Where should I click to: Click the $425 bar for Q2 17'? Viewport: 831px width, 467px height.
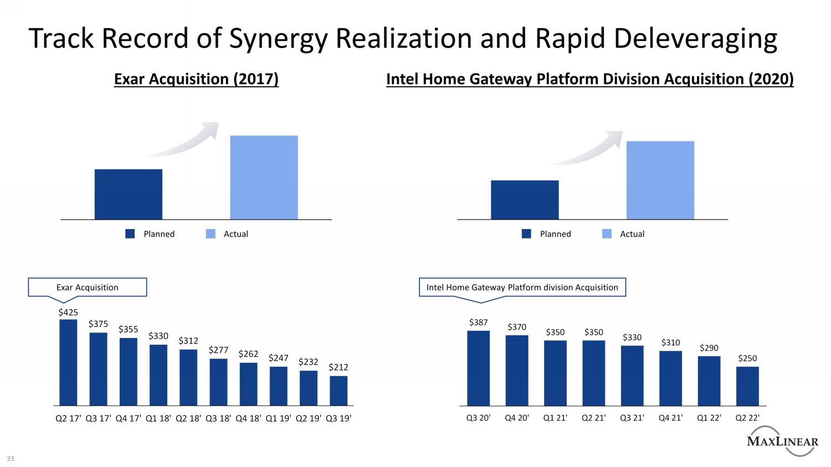pyautogui.click(x=68, y=362)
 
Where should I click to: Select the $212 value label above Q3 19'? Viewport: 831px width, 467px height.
pyautogui.click(x=338, y=367)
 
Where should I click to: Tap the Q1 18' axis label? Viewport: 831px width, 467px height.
pyautogui.click(x=158, y=418)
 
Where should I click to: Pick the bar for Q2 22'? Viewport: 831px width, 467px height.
pyautogui.click(x=747, y=386)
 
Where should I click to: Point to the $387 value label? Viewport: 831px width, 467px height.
pyautogui.click(x=478, y=323)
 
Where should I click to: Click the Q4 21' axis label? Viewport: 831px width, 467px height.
pyautogui.click(x=670, y=418)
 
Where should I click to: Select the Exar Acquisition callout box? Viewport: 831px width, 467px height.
pyautogui.click(x=88, y=287)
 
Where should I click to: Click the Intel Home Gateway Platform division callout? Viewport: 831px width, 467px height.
pyautogui.click(x=522, y=287)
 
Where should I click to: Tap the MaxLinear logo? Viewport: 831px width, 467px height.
pyautogui.click(x=782, y=441)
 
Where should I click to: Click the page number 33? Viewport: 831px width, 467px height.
pyautogui.click(x=11, y=459)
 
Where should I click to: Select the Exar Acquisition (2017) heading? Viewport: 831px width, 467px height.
pyautogui.click(x=196, y=79)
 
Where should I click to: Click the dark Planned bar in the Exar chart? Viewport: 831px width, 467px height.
pyautogui.click(x=129, y=194)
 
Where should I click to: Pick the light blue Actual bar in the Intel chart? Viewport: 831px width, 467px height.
pyautogui.click(x=660, y=180)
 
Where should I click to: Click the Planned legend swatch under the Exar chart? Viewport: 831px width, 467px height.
pyautogui.click(x=130, y=234)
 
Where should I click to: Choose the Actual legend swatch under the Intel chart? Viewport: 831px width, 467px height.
pyautogui.click(x=607, y=234)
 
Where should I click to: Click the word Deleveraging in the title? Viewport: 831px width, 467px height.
pyautogui.click(x=695, y=39)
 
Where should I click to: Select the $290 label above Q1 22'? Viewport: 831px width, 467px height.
pyautogui.click(x=709, y=348)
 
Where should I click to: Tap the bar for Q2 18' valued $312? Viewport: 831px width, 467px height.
pyautogui.click(x=188, y=377)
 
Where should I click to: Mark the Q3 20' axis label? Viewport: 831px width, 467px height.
pyautogui.click(x=478, y=418)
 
